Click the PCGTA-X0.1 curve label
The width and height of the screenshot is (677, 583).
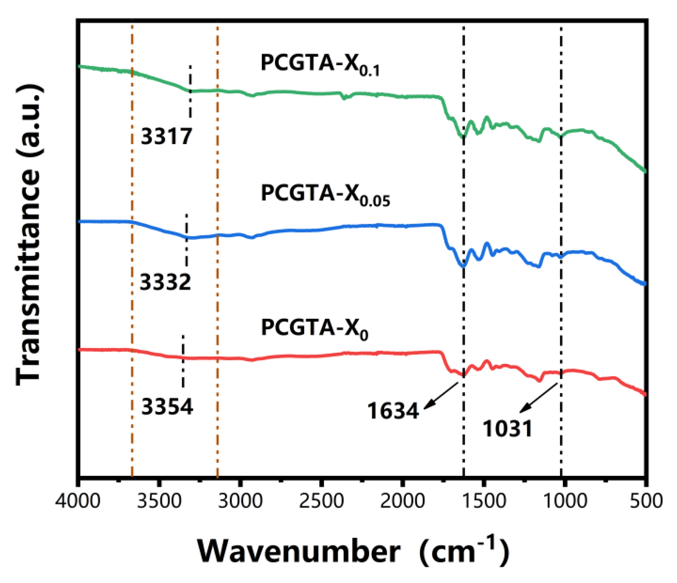click(x=320, y=64)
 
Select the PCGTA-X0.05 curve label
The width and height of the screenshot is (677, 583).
click(x=325, y=195)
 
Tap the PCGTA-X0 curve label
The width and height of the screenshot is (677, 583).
click(x=314, y=329)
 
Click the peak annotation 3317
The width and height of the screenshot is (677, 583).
click(x=166, y=136)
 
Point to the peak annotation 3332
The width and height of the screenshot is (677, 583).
click(x=165, y=282)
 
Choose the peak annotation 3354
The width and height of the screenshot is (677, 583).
click(x=167, y=407)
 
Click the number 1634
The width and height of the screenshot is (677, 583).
click(x=393, y=411)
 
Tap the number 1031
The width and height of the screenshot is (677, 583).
click(x=507, y=429)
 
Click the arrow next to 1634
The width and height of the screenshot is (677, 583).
click(x=441, y=396)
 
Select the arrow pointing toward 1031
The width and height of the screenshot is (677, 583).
click(x=538, y=398)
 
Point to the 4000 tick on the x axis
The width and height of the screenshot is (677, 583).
click(x=77, y=501)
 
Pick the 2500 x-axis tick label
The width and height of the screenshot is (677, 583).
click(x=321, y=501)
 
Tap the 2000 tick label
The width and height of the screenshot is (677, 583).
click(x=402, y=501)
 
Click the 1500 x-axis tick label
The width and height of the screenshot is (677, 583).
click(x=483, y=501)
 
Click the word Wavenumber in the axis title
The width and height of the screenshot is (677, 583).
click(x=299, y=551)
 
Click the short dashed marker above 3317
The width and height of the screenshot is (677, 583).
click(x=190, y=91)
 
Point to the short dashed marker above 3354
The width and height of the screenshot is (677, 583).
click(x=183, y=361)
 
